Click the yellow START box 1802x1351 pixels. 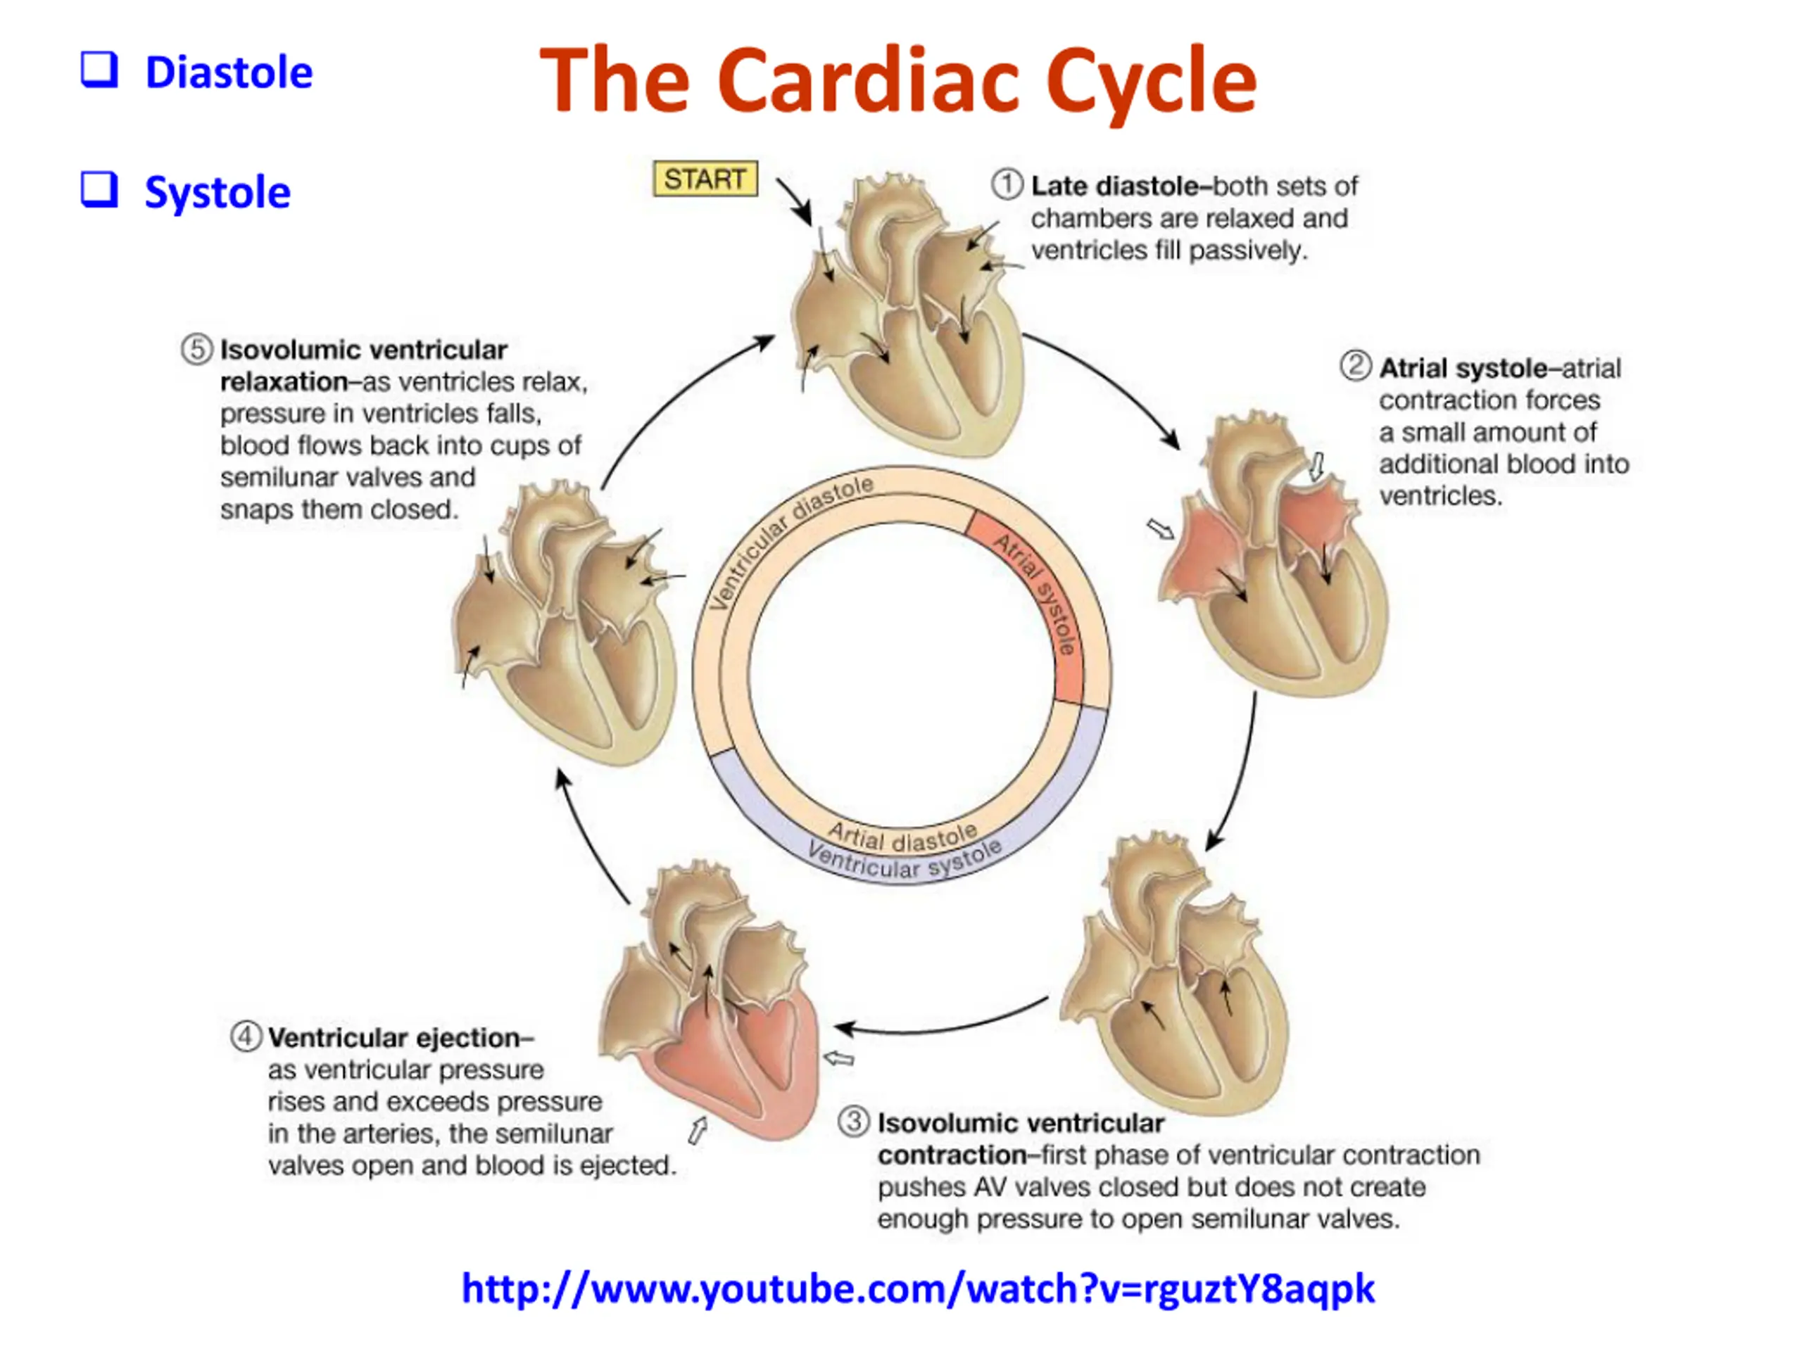(x=705, y=178)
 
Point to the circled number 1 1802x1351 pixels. (x=1007, y=184)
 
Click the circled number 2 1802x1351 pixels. (x=1356, y=366)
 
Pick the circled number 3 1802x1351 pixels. (x=854, y=1122)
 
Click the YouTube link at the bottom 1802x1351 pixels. (x=917, y=1288)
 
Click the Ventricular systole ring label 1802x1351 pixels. (x=905, y=861)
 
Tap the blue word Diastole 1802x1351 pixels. (x=228, y=72)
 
